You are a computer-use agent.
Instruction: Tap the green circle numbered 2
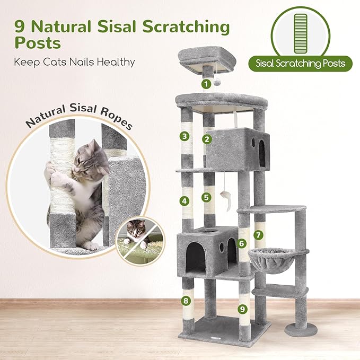[x=207, y=139]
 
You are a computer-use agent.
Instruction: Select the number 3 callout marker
[x=185, y=136]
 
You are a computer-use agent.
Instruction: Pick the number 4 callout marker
[x=185, y=201]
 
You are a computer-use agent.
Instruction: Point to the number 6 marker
[x=242, y=243]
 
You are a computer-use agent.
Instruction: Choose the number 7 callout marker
[x=258, y=234]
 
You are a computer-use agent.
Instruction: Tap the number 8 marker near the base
[x=185, y=301]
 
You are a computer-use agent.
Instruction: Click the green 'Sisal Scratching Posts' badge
[x=300, y=64]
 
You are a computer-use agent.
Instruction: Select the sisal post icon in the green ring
[x=300, y=31]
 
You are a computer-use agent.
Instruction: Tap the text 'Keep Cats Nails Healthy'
[x=75, y=62]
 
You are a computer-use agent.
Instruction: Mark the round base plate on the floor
[x=301, y=330]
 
